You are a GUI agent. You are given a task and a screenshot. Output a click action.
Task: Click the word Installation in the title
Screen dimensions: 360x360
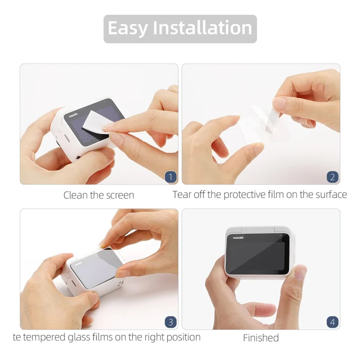[x=202, y=28]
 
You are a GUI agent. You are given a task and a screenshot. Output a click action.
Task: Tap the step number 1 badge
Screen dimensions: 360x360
[x=170, y=177]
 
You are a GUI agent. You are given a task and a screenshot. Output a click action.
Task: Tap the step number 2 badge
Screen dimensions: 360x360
[x=332, y=177]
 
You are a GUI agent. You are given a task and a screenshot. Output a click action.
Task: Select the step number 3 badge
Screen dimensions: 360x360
[x=170, y=322]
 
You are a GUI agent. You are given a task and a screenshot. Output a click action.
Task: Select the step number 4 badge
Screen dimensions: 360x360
[x=332, y=322]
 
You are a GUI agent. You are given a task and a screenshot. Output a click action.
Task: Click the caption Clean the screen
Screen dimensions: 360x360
[x=99, y=195]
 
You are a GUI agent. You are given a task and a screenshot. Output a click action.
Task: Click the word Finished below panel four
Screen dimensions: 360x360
[x=261, y=338]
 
